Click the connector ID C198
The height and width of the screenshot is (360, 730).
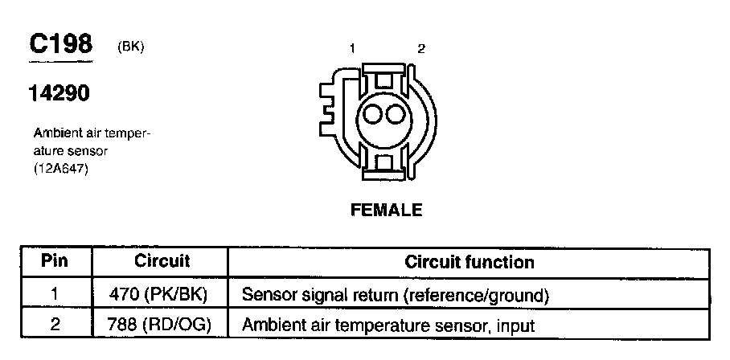pos(61,45)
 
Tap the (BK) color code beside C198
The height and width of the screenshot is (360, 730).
pos(130,47)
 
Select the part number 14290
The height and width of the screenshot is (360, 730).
pos(60,94)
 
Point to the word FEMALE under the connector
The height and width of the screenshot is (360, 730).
pos(387,211)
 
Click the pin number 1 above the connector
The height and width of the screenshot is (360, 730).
pos(352,49)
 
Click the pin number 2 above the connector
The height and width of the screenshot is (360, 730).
pos(421,49)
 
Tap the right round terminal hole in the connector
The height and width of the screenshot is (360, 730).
pos(394,115)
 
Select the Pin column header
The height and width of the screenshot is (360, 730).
pos(55,261)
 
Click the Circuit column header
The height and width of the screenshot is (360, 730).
pos(161,261)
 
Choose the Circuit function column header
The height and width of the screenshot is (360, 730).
pos(469,262)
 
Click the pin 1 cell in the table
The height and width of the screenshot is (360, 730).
pos(55,294)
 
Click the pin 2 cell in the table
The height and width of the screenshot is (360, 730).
pos(55,325)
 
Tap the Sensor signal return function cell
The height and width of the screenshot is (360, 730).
pos(395,295)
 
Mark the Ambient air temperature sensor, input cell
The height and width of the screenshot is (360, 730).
pos(388,325)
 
